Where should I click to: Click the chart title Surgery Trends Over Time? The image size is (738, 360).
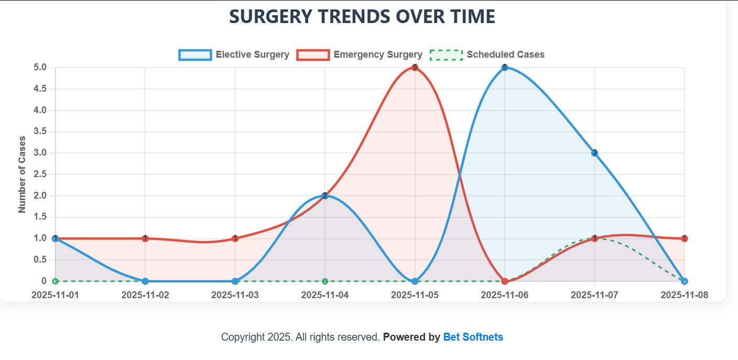tap(362, 16)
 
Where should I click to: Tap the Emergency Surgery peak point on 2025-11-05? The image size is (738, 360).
tap(415, 68)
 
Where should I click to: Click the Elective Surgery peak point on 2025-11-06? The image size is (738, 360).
tap(505, 68)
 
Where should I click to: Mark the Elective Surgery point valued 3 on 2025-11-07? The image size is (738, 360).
tap(594, 153)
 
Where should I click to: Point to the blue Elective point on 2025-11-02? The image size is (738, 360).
tap(145, 281)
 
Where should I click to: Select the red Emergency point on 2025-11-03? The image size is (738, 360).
tap(235, 238)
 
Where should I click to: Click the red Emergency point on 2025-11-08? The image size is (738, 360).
tap(685, 238)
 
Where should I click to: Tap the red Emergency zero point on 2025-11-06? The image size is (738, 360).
tap(505, 281)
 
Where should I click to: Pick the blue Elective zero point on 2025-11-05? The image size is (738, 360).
tap(415, 281)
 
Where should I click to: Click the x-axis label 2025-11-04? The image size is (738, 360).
tap(325, 295)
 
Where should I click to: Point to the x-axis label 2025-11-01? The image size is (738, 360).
tap(55, 295)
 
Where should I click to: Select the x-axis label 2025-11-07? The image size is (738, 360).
tap(594, 295)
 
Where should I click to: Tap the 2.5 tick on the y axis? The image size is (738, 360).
tap(40, 174)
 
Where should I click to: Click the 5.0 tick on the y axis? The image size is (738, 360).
tap(40, 68)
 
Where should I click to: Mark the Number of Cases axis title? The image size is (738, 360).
tap(22, 174)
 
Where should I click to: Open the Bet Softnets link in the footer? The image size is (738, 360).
tap(473, 337)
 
